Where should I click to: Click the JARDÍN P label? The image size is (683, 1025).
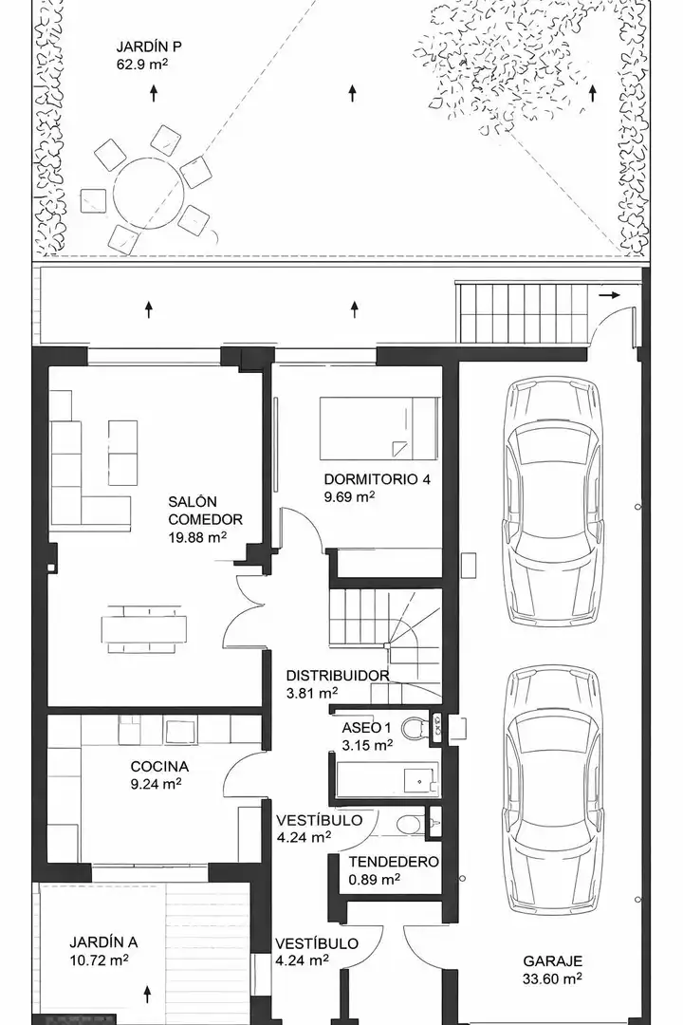[148, 47]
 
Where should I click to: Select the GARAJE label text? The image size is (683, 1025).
[552, 960]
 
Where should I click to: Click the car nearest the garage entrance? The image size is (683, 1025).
[552, 791]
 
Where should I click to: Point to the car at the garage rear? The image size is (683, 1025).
[552, 503]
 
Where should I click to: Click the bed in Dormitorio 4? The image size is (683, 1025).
[378, 428]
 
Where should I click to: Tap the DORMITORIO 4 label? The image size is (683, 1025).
[378, 479]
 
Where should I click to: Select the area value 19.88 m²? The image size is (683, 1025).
[197, 537]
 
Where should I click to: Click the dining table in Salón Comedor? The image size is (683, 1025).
[144, 629]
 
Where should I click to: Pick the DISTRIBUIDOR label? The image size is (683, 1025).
[338, 676]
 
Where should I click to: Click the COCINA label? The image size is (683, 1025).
[159, 766]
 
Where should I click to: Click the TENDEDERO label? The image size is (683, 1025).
[394, 862]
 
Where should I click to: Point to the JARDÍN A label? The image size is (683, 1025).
[103, 942]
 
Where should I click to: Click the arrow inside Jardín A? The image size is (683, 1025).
[148, 995]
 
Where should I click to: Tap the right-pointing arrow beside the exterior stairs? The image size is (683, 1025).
[609, 295]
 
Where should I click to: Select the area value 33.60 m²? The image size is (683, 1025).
[552, 978]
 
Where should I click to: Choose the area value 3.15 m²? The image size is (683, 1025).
[367, 745]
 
